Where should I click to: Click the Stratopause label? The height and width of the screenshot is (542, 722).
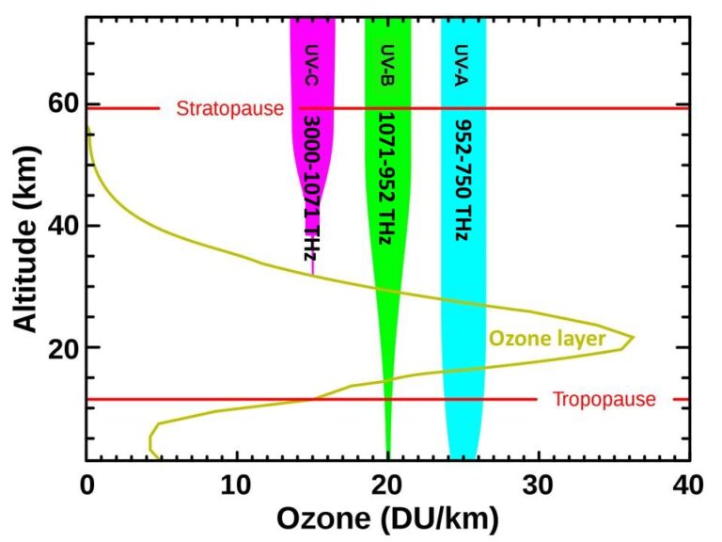tap(229, 108)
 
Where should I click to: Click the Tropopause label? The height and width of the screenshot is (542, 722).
tap(604, 400)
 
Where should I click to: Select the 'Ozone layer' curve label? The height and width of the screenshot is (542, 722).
tap(546, 338)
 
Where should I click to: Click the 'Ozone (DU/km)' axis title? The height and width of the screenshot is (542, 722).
tap(386, 518)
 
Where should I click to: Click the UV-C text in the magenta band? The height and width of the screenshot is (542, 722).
tap(312, 63)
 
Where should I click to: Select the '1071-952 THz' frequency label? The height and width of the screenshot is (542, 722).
tap(385, 176)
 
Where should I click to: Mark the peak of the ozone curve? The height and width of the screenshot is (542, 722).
tap(633, 337)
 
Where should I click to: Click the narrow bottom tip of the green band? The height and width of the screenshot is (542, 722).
tap(388, 448)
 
